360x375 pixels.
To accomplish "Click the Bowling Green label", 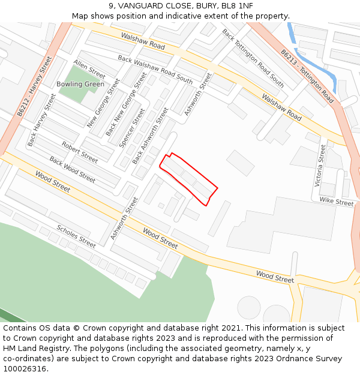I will (x=80, y=84).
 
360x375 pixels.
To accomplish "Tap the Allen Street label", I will (x=89, y=69).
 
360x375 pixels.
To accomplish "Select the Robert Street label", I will (x=80, y=152).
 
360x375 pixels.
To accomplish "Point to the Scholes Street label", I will (x=76, y=236).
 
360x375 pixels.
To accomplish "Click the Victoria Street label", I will (x=322, y=165).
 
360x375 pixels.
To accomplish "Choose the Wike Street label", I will (x=337, y=202).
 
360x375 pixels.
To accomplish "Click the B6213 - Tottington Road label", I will (x=307, y=76).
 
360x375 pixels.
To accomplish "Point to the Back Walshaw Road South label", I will (x=155, y=70).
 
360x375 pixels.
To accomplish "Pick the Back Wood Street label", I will (x=72, y=170).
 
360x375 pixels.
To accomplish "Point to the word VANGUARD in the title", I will (x=139, y=5).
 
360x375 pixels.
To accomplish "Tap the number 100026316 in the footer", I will (x=25, y=369).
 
